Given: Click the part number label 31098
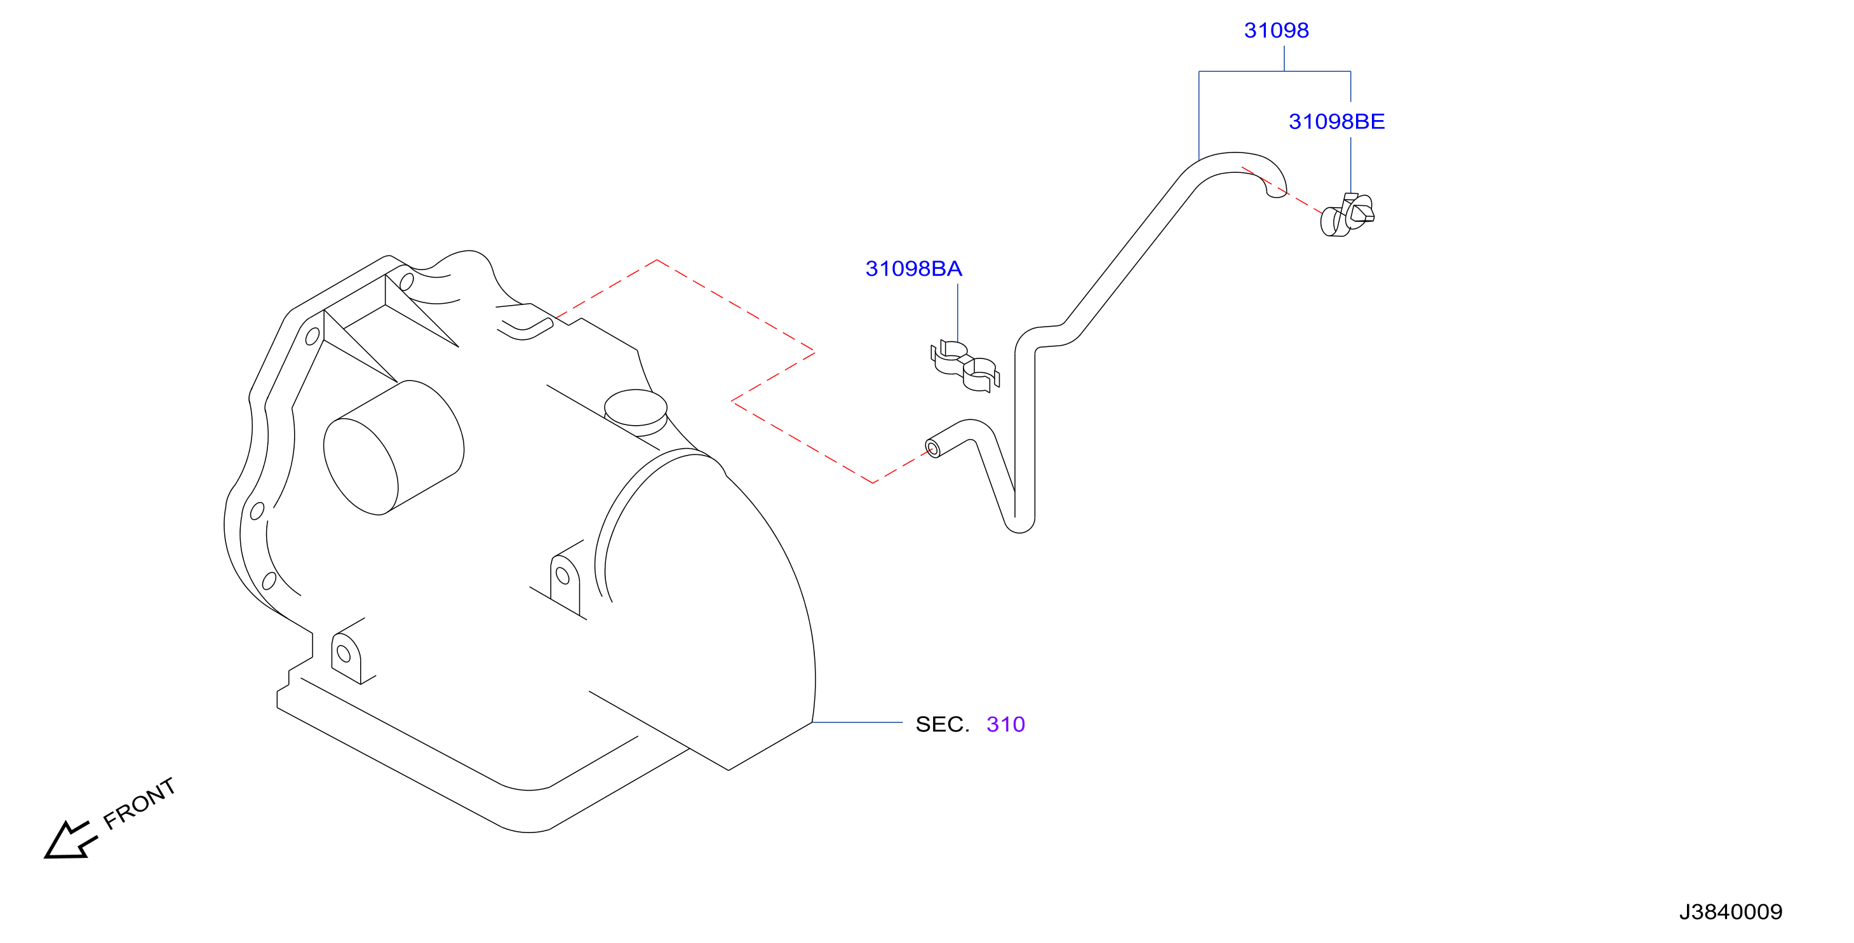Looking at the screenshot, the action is click(1276, 31).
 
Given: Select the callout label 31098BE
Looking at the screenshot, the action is click(1336, 121).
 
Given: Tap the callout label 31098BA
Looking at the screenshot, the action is click(913, 269).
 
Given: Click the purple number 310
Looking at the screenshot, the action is click(1005, 724).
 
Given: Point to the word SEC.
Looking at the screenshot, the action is click(942, 724).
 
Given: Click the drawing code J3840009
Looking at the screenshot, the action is click(1730, 912).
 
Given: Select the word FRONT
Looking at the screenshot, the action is click(140, 803).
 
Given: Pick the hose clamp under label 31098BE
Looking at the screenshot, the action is click(1347, 215).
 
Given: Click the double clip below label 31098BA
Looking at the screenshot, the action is click(964, 365).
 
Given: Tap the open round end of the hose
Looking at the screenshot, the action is click(933, 449).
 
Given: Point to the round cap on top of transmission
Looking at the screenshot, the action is click(636, 408).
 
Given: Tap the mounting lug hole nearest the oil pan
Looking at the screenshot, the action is click(344, 654).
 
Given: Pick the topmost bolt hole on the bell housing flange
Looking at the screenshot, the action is click(406, 282).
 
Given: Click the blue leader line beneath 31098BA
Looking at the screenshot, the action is click(958, 313).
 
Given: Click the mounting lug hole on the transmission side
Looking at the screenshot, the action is click(563, 576).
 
